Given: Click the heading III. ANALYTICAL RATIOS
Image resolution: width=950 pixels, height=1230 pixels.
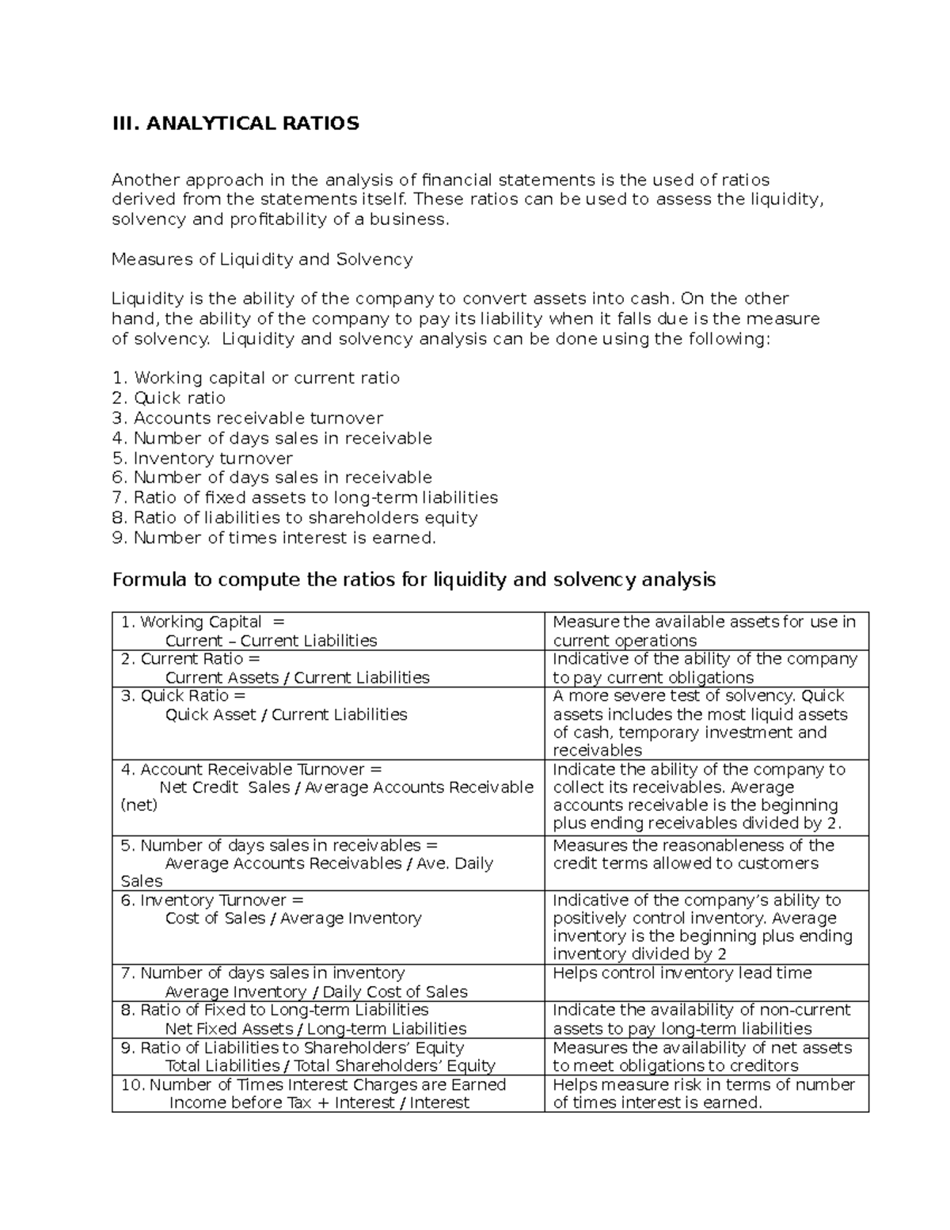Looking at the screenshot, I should pos(235,124).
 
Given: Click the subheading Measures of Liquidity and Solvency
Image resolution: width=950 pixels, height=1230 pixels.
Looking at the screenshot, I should pos(262,259).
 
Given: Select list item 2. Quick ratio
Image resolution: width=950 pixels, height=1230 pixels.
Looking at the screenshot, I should pos(169,398).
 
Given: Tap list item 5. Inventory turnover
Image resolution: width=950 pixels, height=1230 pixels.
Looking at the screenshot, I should pos(202,459).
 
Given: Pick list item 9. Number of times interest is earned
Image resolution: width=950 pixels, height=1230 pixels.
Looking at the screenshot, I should pos(274,539).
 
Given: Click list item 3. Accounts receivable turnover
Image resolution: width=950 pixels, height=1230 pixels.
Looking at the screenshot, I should pos(247,418).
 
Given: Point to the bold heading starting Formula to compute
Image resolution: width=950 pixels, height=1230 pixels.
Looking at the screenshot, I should pos(413,580).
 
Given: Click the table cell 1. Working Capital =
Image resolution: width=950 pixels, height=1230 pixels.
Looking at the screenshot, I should pos(202,623).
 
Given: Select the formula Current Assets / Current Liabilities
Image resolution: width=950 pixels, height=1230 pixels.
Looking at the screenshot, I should pos(297,678).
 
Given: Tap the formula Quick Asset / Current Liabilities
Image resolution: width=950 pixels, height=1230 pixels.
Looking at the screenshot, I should pos(286,715).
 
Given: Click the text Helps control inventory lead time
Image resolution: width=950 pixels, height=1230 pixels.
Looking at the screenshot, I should pos(682,973).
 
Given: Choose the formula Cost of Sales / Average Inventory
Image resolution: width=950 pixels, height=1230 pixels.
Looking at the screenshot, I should pos(293,919).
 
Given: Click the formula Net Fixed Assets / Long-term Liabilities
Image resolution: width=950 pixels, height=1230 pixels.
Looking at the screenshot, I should pos(315,1029).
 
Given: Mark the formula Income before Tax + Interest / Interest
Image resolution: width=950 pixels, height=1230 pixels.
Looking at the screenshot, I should pos(319,1103).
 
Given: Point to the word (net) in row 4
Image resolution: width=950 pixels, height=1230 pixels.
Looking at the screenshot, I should pos(139,805).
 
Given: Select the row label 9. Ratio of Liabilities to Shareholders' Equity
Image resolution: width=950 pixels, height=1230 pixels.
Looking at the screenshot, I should pos(291,1048).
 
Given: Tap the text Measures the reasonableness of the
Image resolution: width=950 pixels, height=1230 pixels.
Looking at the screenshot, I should pos(693,846).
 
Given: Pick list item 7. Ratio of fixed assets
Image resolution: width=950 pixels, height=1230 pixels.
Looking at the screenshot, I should pos(305,498).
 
